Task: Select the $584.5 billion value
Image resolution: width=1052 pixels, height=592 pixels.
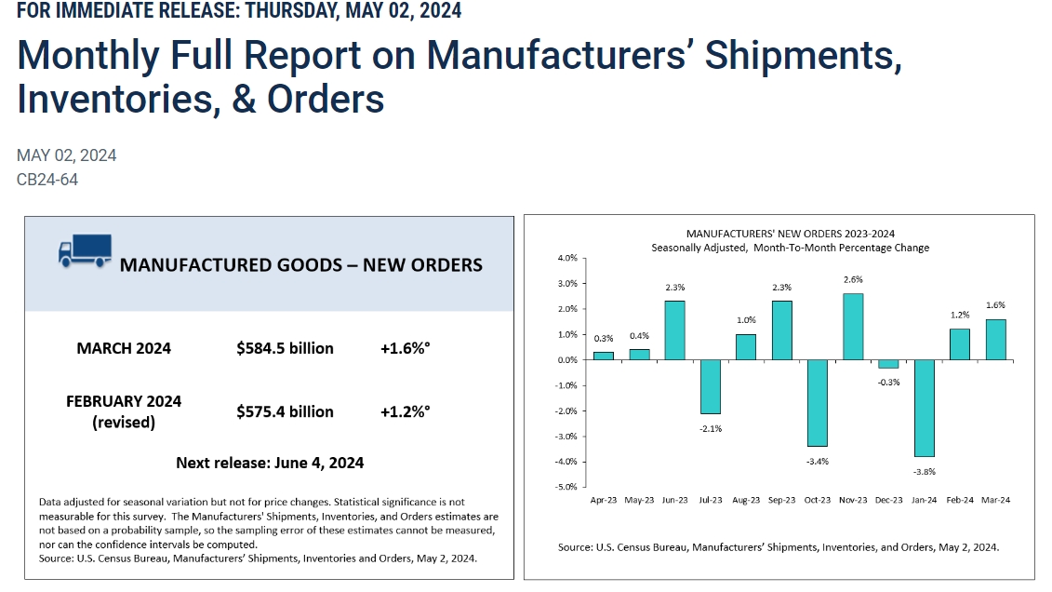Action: tap(285, 348)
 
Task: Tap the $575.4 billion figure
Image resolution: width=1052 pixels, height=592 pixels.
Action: tap(285, 411)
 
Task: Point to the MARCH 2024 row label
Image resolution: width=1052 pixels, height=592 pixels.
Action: tap(124, 348)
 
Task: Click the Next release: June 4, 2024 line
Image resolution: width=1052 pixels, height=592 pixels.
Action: tap(270, 463)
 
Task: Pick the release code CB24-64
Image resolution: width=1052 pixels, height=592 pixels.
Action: tap(47, 180)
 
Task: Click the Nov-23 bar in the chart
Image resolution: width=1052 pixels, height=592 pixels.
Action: tap(852, 327)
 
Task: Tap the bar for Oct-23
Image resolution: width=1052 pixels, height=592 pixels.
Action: tap(817, 403)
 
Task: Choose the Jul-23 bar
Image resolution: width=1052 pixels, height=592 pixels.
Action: tap(710, 386)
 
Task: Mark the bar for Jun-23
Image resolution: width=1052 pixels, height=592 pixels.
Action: tap(674, 330)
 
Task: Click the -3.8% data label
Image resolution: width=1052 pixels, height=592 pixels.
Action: tap(924, 471)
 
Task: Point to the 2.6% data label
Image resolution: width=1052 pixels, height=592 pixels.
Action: tap(852, 280)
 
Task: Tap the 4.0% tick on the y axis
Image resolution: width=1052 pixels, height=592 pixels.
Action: tap(566, 258)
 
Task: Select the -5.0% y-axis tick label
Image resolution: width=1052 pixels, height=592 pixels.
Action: tap(566, 487)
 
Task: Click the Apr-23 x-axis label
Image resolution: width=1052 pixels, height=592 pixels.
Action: tap(604, 500)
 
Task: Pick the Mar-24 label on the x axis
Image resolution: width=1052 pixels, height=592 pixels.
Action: tap(995, 500)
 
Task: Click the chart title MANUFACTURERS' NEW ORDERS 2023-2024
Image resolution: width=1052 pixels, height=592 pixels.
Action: tap(790, 234)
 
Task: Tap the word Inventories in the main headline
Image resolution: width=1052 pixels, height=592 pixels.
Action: tap(111, 98)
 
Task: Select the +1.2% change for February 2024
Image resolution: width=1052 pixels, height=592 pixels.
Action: tap(405, 411)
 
